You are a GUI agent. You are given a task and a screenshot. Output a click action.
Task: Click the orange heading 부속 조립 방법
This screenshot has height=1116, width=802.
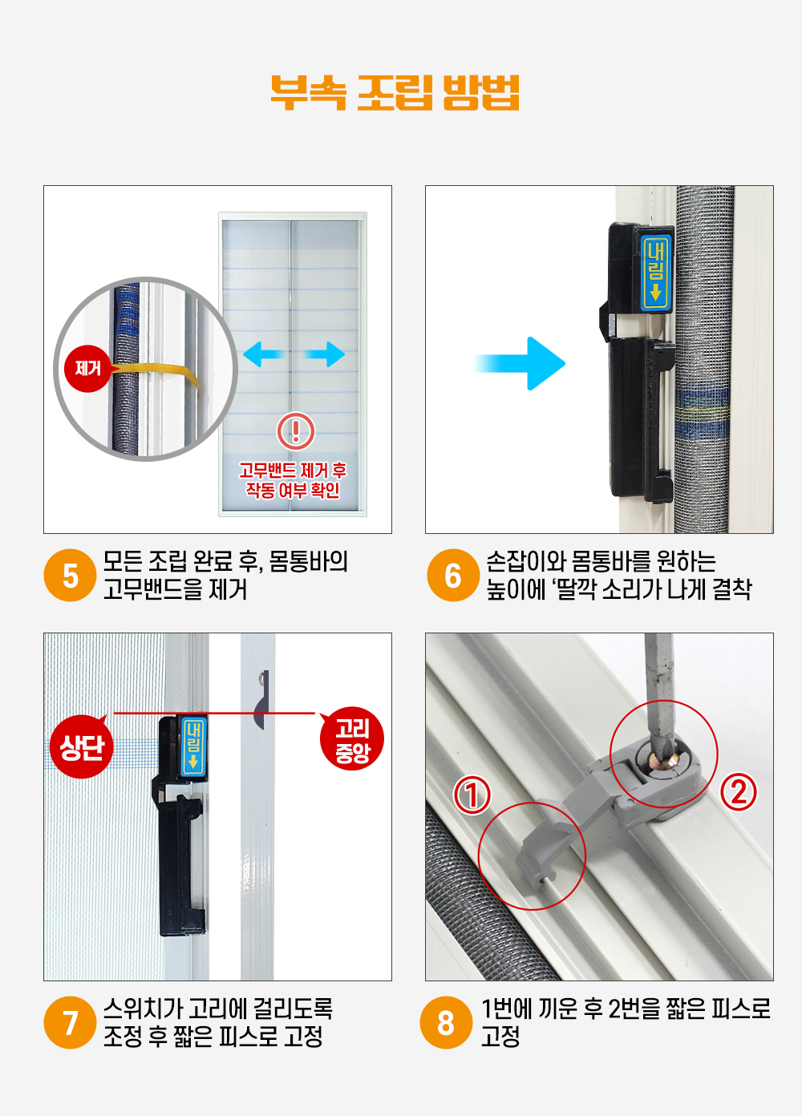395,93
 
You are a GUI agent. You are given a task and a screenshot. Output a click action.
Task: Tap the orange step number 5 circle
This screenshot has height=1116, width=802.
70,575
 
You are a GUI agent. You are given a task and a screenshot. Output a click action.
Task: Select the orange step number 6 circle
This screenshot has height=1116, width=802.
452,575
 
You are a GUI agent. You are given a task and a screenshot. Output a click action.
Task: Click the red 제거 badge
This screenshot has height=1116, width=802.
87,369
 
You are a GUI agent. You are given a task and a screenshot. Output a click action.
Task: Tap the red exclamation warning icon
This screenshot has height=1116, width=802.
296,431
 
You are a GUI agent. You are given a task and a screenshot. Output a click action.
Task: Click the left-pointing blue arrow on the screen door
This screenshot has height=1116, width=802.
264,354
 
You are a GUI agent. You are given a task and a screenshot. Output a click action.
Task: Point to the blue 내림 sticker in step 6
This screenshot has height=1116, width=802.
656,272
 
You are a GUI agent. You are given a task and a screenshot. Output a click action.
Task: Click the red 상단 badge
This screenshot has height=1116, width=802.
81,746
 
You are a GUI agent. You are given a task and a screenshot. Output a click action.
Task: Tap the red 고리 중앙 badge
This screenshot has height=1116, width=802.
352,738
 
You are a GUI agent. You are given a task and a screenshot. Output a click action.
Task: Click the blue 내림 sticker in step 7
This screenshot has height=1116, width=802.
193,746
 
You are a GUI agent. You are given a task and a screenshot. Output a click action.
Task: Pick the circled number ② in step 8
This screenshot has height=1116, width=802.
739,791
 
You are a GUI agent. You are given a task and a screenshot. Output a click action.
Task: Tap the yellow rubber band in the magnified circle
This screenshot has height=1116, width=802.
155,373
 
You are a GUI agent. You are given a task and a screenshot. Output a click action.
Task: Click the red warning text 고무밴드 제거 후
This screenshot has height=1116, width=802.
293,470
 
